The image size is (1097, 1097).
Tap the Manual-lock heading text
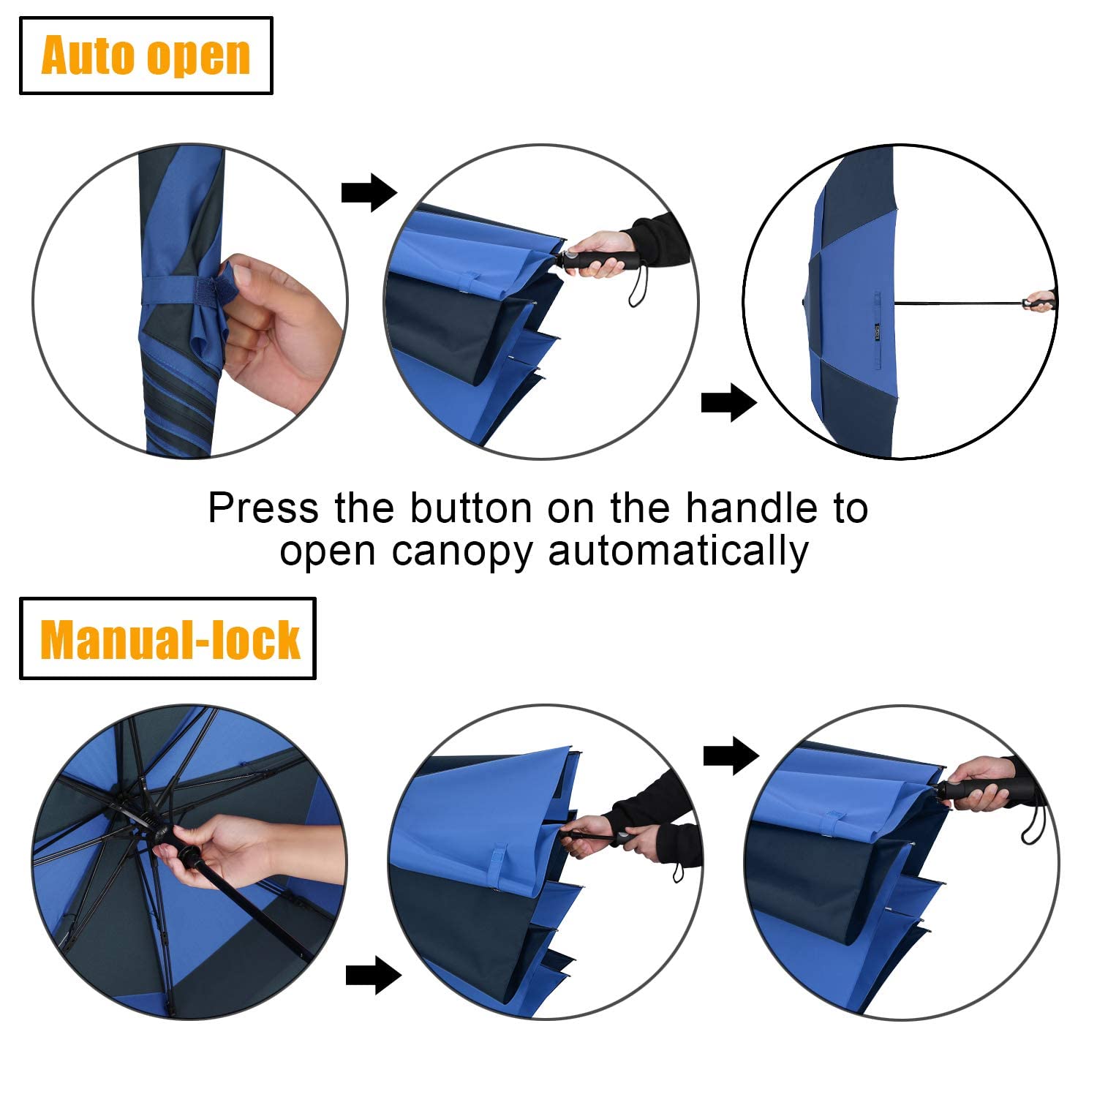(x=170, y=639)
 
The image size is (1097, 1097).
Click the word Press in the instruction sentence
(x=263, y=508)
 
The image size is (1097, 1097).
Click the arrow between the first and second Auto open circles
(x=369, y=193)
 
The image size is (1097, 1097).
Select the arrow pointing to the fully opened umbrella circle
(x=728, y=402)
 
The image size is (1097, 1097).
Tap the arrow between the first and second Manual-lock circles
(x=373, y=975)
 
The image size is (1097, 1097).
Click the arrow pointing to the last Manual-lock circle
(x=731, y=755)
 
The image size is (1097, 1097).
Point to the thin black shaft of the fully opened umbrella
(x=958, y=302)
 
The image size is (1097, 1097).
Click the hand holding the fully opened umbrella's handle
(x=1040, y=301)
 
